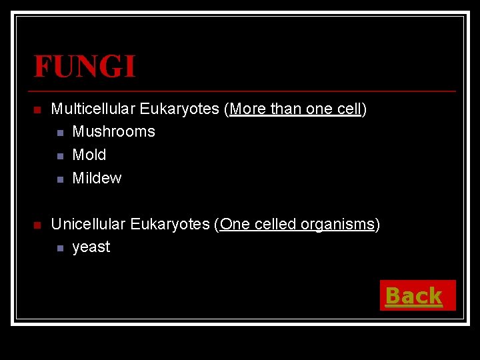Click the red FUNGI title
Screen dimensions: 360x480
click(85, 67)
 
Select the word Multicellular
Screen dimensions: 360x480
click(93, 109)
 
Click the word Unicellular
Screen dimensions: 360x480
click(88, 224)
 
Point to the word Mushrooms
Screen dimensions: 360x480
click(113, 132)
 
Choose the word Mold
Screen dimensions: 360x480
click(89, 155)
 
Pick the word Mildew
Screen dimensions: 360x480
click(97, 178)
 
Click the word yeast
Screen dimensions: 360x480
click(91, 247)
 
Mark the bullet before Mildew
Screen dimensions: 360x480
click(59, 179)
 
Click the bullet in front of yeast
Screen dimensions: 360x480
click(59, 249)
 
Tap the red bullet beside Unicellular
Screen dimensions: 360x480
click(37, 225)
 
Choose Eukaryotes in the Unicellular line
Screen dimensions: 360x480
click(170, 224)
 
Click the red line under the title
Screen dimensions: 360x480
click(244, 91)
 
